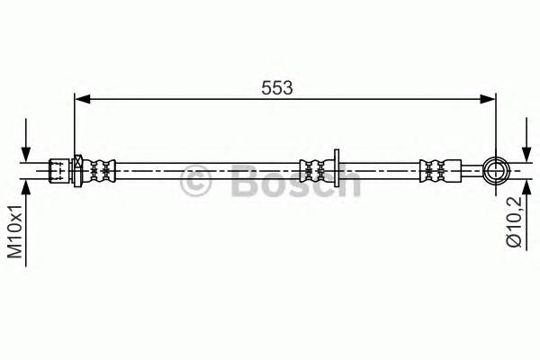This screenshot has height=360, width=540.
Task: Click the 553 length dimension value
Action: coord(276,87)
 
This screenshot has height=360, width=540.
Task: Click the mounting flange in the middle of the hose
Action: coord(336,167)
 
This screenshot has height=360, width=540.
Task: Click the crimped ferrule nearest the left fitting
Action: coord(102,168)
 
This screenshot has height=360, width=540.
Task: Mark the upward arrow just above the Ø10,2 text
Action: coord(526,191)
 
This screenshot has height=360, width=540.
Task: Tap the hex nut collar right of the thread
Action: coord(78,168)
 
